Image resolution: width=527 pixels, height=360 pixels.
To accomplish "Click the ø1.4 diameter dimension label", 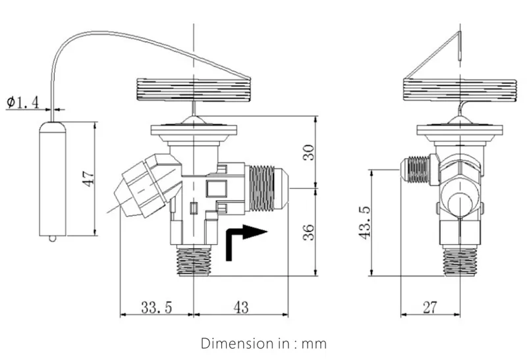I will (23, 101).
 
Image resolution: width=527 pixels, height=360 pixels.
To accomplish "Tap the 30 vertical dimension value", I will (308, 153).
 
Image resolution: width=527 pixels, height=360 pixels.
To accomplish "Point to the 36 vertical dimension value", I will (308, 232).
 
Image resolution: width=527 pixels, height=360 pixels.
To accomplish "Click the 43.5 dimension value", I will (364, 222).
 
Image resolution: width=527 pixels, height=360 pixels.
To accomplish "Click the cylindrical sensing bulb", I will (53, 178).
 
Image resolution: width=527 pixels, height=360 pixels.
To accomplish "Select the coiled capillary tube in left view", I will (193, 90).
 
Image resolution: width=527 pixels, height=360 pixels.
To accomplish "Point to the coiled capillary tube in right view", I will (458, 90).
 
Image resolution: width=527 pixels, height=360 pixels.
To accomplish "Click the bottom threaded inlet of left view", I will (194, 260).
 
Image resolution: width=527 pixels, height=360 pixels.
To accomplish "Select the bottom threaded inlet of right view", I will (460, 261).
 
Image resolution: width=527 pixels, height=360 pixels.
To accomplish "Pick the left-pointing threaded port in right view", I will (418, 169).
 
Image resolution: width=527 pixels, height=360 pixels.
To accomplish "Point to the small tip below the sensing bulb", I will (53, 238).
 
